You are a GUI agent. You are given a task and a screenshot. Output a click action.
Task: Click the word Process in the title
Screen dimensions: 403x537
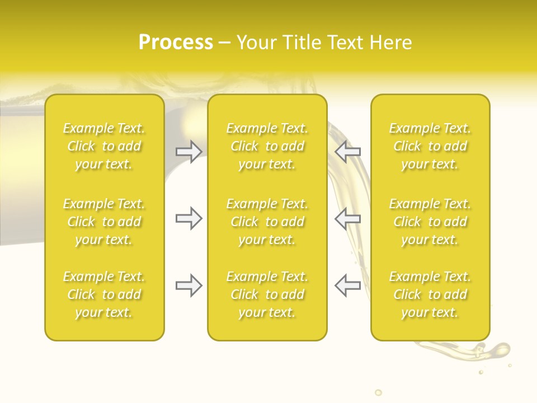coord(176,43)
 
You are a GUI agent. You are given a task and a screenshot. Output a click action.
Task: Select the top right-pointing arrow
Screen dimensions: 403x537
coord(189,152)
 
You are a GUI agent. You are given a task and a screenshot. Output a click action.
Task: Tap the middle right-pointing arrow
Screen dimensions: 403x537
coord(189,218)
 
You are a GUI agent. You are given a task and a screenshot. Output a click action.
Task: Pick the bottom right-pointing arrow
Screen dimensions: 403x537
coord(189,285)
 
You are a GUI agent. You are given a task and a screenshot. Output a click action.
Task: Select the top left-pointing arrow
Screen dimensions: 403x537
coord(347,152)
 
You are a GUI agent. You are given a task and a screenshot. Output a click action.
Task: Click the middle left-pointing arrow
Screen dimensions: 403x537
coord(347,218)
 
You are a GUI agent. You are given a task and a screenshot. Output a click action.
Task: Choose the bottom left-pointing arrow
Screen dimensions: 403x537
coord(347,285)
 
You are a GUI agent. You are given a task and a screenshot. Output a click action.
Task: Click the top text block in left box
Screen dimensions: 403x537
coord(104,146)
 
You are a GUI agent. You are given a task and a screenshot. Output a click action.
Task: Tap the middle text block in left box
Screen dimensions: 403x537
coord(104,222)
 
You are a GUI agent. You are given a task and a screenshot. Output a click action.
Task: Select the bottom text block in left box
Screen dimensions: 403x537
coord(104,294)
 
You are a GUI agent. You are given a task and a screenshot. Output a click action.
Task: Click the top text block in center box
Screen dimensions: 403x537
coord(267,146)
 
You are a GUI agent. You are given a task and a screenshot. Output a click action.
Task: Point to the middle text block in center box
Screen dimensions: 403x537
coord(267,222)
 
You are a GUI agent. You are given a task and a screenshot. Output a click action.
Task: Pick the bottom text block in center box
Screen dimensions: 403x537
coord(267,294)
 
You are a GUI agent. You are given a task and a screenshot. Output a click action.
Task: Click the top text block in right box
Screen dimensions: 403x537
coord(430,146)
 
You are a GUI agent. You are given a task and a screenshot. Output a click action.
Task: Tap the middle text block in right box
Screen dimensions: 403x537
coord(430,222)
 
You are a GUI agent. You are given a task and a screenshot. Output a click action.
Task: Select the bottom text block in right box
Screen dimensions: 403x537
coord(430,294)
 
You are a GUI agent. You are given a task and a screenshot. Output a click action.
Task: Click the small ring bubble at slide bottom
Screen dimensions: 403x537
coord(378,392)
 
